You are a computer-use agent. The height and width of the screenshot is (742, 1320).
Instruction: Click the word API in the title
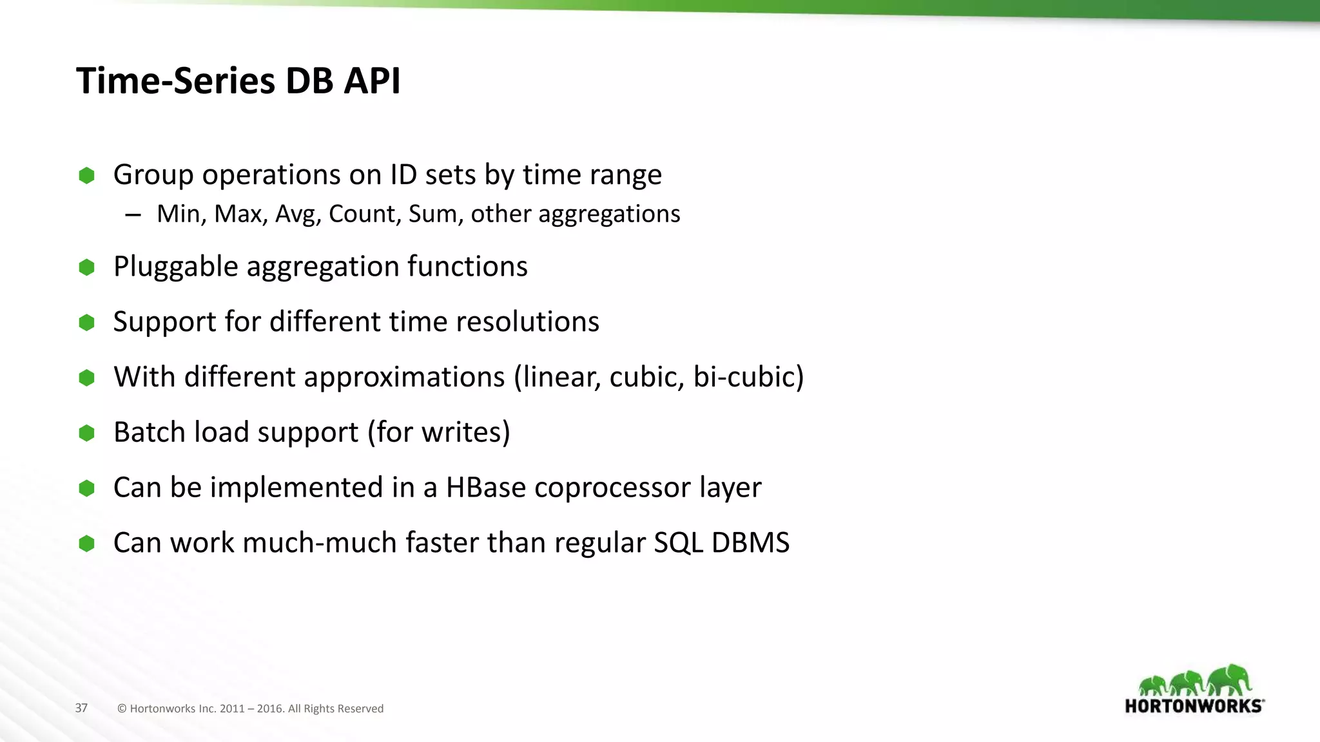click(372, 81)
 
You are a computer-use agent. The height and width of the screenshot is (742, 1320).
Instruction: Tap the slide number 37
click(81, 708)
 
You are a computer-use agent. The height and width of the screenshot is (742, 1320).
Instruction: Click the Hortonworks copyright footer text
click(250, 709)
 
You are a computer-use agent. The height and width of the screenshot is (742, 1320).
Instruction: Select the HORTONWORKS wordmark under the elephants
click(1194, 706)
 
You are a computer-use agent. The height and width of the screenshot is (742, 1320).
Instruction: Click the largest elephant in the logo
click(1230, 680)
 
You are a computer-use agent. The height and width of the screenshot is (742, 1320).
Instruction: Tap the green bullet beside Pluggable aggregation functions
click(86, 267)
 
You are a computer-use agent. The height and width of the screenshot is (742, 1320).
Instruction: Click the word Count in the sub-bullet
click(365, 214)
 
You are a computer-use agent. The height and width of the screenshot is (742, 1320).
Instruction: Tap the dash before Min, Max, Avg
click(133, 214)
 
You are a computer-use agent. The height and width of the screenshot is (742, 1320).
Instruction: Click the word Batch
click(150, 432)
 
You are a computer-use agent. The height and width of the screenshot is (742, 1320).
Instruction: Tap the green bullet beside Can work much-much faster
click(86, 544)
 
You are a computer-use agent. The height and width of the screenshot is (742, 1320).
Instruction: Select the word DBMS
click(750, 543)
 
